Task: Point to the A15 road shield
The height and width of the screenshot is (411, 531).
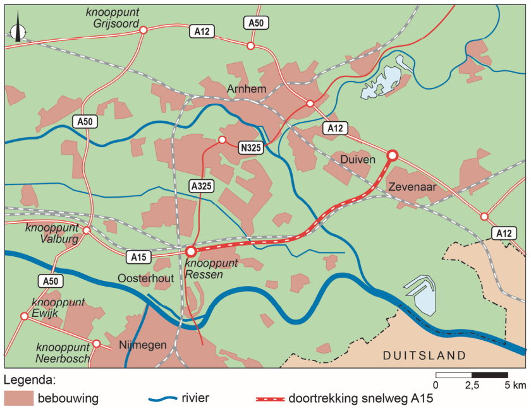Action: coord(138,256)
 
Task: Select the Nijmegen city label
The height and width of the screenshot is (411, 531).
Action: coord(142,345)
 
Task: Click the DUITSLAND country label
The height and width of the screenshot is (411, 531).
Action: coord(424,355)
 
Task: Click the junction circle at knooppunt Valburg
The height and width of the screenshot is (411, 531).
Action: coord(87,230)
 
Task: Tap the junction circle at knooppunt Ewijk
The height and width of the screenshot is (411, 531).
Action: coord(25,316)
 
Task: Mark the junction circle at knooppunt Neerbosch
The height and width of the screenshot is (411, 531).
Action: coord(97,344)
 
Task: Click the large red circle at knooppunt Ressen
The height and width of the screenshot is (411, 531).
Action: coord(191,251)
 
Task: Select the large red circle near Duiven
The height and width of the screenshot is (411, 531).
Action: coord(392,155)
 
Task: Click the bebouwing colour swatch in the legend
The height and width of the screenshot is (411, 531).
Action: coord(18,398)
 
